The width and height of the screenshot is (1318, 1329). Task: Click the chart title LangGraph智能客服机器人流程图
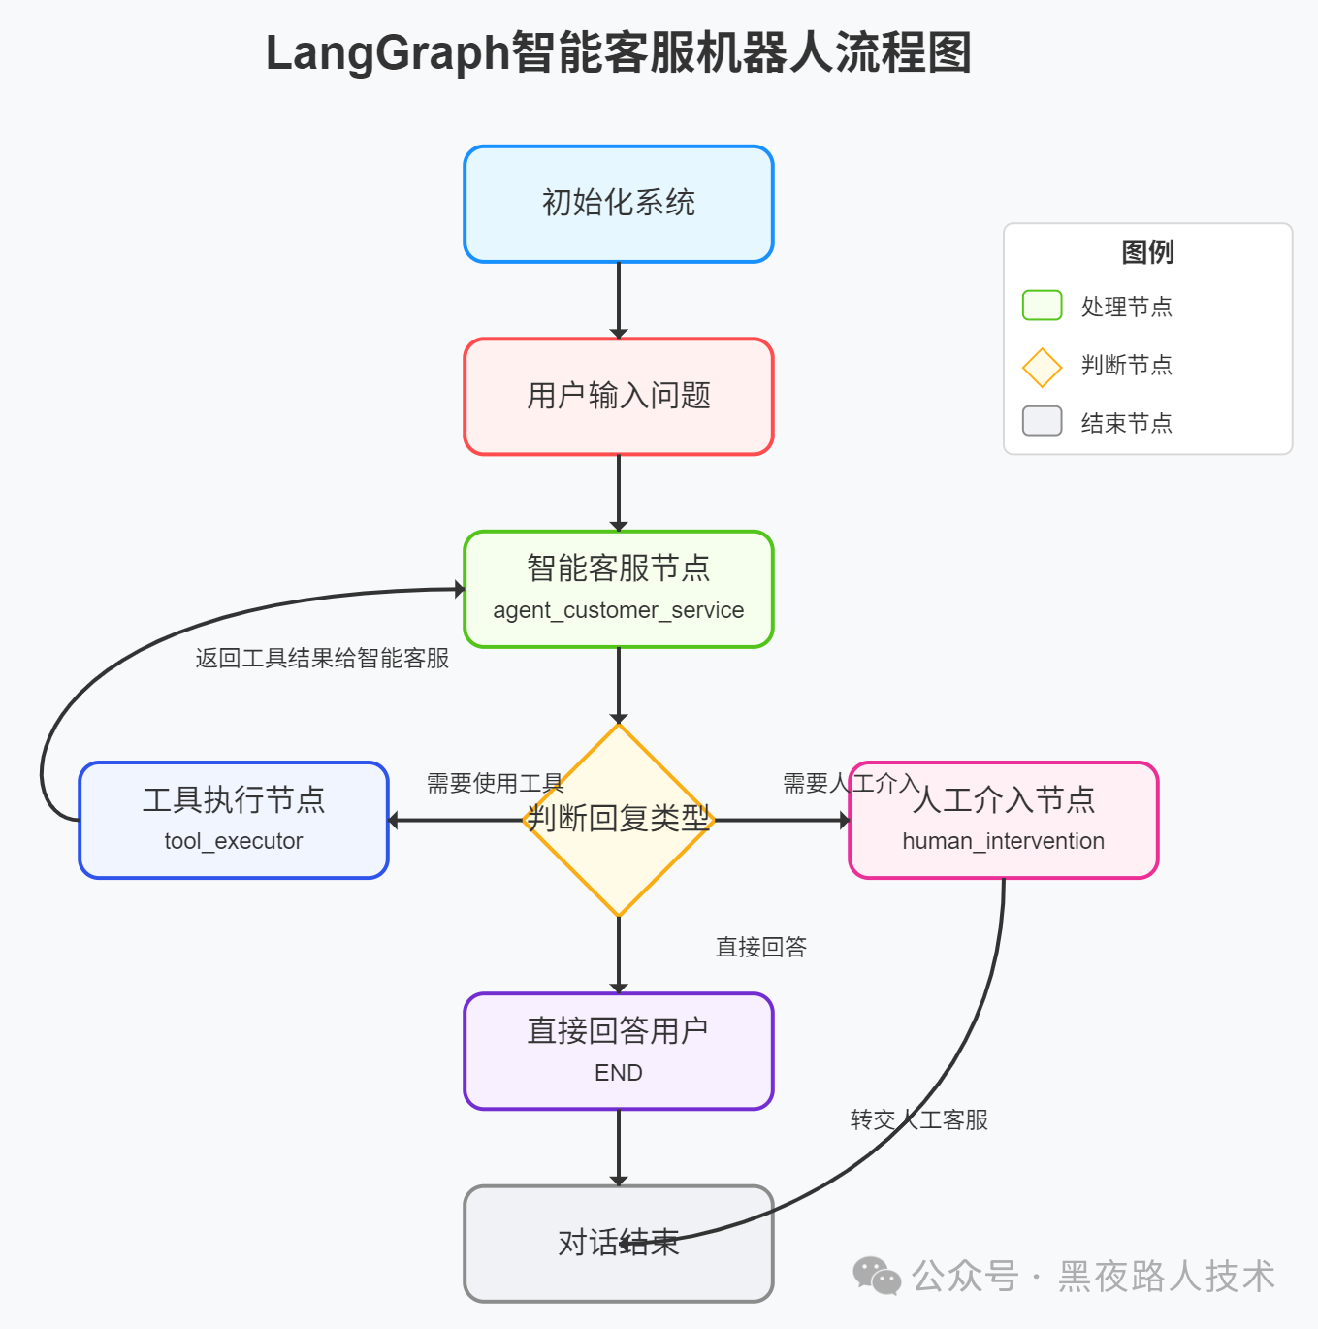pos(619,52)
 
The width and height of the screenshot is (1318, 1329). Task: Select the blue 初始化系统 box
pos(619,204)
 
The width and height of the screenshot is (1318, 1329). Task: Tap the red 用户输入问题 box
pos(619,396)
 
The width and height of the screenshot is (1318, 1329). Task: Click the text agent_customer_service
pos(619,610)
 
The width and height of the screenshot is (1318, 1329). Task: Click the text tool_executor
pos(234,841)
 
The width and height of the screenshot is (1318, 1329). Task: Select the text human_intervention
pos(1003,841)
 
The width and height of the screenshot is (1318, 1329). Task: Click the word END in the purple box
pos(619,1073)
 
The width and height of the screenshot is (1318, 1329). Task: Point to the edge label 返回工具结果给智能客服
pos(322,659)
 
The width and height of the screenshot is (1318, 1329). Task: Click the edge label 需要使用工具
pos(495,783)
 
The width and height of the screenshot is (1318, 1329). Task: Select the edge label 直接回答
pos(761,947)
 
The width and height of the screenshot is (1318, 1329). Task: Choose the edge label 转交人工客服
pos(919,1119)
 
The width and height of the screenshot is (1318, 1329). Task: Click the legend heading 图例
pos(1147,252)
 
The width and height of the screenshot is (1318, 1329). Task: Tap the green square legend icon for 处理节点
pos(1042,306)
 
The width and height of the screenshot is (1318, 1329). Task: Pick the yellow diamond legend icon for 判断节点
pos(1042,368)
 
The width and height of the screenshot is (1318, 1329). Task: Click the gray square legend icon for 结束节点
pos(1042,421)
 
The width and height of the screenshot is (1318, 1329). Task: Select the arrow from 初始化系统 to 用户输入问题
pos(619,299)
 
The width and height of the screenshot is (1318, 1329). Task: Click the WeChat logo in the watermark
pos(877,1276)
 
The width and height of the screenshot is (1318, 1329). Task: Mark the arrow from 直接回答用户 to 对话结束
pos(619,1147)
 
